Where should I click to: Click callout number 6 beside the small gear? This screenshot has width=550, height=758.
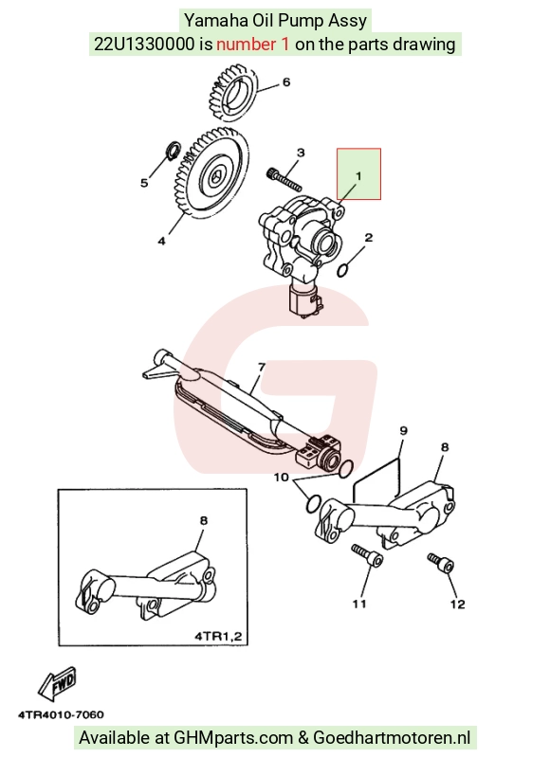click(x=285, y=82)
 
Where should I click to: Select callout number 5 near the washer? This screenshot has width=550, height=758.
click(x=144, y=183)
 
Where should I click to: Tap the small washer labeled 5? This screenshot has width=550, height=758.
click(x=173, y=151)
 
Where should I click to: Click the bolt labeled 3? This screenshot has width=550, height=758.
click(x=284, y=179)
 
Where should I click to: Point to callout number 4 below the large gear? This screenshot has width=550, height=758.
click(x=161, y=241)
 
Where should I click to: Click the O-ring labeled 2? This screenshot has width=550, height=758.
click(x=342, y=270)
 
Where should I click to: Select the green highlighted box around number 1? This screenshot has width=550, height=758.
click(x=359, y=173)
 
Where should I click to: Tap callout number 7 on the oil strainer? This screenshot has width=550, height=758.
click(x=262, y=368)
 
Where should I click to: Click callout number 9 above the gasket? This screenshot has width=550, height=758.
click(x=403, y=430)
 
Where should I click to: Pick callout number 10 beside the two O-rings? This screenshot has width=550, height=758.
click(x=281, y=478)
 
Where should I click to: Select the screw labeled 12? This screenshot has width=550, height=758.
click(x=441, y=563)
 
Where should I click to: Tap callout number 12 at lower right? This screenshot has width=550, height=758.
click(x=458, y=604)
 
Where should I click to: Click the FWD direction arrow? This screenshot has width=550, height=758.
click(x=57, y=684)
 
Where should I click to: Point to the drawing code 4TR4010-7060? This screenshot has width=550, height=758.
click(x=61, y=714)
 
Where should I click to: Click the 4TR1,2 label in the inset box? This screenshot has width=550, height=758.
click(x=218, y=636)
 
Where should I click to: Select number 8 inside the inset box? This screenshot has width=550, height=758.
click(x=204, y=520)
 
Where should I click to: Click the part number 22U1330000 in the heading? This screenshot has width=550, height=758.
click(x=144, y=45)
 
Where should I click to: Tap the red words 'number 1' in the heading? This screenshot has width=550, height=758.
click(x=253, y=45)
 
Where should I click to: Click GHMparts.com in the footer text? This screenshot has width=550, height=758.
click(x=233, y=738)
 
